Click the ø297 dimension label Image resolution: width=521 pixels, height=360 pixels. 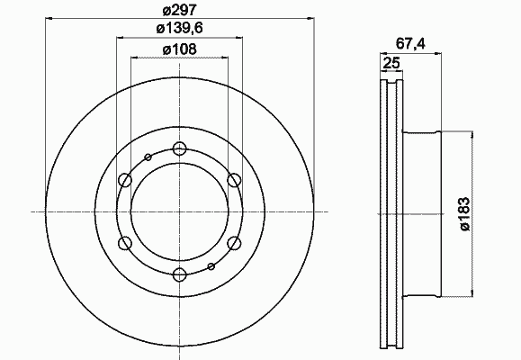pyautogui.click(x=180, y=11)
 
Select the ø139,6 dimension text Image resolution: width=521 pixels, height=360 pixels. pyautogui.click(x=180, y=29)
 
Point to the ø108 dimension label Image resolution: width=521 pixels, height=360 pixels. pyautogui.click(x=180, y=49)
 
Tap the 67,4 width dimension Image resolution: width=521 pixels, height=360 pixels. pyautogui.click(x=410, y=44)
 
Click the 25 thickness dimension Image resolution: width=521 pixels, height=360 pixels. pyautogui.click(x=391, y=63)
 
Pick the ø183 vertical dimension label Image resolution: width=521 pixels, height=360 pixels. pyautogui.click(x=465, y=213)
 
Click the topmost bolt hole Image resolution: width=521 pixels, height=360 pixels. pyautogui.click(x=180, y=148)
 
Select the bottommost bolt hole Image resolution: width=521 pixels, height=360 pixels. pyautogui.click(x=180, y=274)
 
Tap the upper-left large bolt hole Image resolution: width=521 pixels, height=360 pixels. pyautogui.click(x=125, y=180)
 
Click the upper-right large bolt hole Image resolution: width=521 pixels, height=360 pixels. pyautogui.click(x=234, y=180)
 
